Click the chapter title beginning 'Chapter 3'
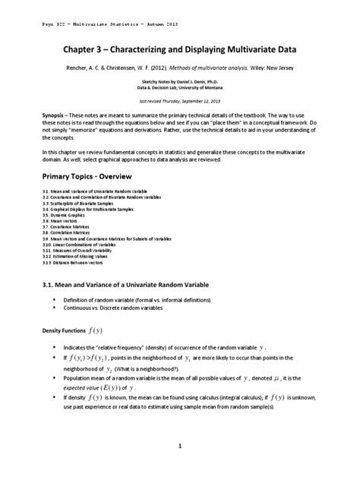[179, 49]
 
